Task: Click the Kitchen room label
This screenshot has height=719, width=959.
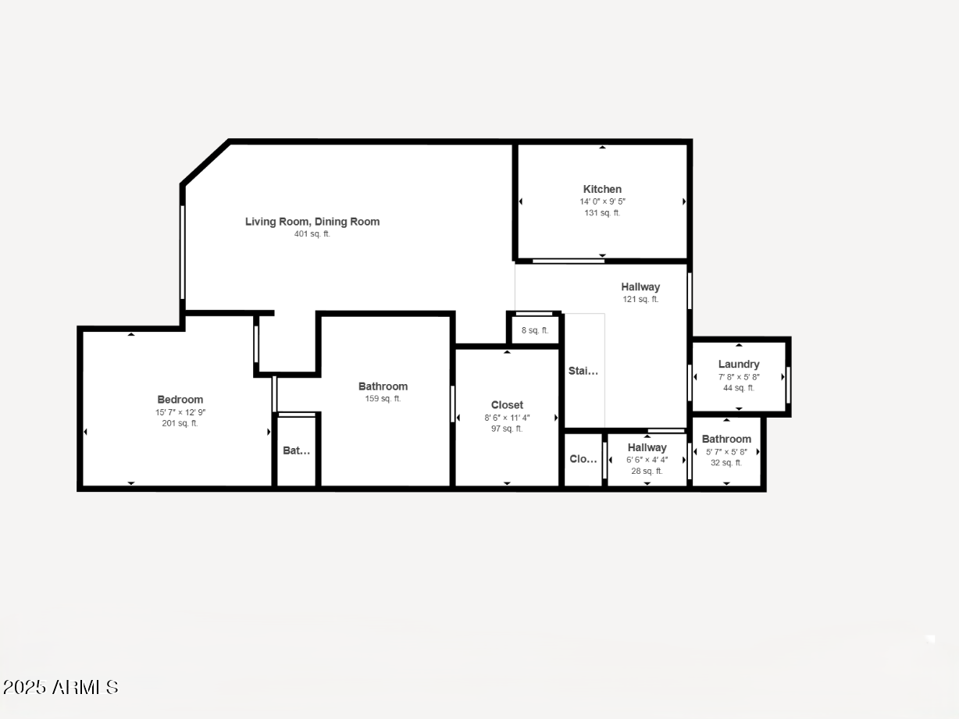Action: [x=602, y=189]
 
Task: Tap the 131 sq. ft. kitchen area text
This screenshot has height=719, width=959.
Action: [x=602, y=212]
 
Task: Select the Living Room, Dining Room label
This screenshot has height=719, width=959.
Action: [x=312, y=222]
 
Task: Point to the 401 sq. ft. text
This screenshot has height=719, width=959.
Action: [x=312, y=233]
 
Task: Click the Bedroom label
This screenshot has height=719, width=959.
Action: [x=180, y=400]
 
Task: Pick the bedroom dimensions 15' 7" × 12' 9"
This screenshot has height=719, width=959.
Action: [x=180, y=412]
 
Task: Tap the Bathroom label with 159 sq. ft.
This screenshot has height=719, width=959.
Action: [x=383, y=386]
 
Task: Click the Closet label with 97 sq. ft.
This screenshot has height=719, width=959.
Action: [x=507, y=404]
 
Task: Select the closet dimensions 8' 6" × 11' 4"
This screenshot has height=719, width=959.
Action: [x=507, y=417]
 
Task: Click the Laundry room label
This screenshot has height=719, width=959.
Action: [x=739, y=365]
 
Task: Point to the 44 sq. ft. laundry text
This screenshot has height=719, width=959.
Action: [x=739, y=388]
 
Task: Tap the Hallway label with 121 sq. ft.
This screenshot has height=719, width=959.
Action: [x=640, y=287]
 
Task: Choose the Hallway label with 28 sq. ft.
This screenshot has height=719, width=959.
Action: [x=647, y=447]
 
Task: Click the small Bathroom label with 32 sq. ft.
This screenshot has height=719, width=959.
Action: [x=726, y=439]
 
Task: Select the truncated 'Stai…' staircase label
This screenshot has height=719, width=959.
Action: [x=583, y=371]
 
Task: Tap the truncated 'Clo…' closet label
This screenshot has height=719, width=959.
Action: [x=583, y=459]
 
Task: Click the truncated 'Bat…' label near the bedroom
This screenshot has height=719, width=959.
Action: [x=296, y=450]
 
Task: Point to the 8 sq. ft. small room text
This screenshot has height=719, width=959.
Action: [x=535, y=330]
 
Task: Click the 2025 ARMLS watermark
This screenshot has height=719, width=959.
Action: [x=60, y=687]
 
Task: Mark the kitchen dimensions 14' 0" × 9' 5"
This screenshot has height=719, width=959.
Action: [x=602, y=201]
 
